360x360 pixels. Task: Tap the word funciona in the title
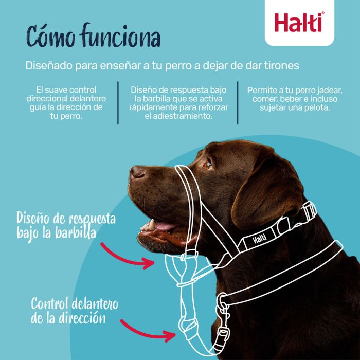point(120,38)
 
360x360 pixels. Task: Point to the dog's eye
point(207,165)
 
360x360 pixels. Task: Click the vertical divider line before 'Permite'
point(238,102)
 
